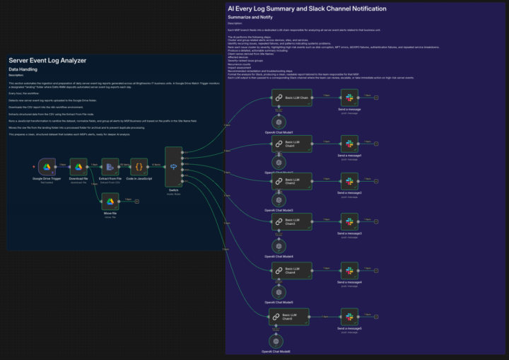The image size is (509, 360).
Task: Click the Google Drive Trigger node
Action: click(x=47, y=167)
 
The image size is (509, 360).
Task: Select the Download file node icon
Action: click(x=78, y=167)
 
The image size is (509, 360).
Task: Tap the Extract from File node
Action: click(x=110, y=167)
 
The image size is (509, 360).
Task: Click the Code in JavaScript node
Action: click(x=140, y=167)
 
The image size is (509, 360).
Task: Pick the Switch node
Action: click(x=173, y=166)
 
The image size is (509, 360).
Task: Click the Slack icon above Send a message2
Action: click(x=349, y=182)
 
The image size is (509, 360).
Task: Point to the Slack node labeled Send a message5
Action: click(x=349, y=318)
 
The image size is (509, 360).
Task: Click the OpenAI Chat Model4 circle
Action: click(x=278, y=247)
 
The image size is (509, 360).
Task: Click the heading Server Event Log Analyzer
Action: click(x=57, y=61)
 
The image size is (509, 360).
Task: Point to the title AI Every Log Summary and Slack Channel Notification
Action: click(x=307, y=8)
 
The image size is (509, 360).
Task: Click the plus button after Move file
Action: click(x=137, y=202)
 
